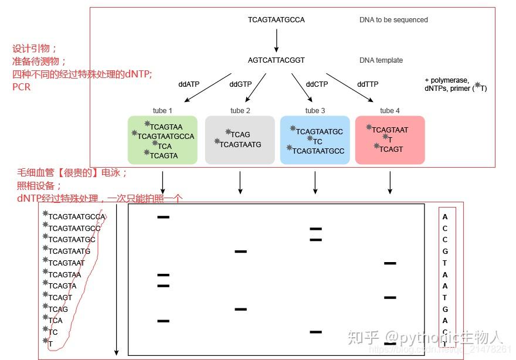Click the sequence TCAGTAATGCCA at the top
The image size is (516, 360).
tap(276, 20)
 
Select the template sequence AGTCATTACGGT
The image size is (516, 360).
tap(276, 60)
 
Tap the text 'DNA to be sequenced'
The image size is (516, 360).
tap(393, 20)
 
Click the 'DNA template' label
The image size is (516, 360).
tap(381, 60)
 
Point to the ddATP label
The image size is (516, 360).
tap(189, 84)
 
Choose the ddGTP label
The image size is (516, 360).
tap(240, 84)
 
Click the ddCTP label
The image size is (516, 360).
tap(317, 84)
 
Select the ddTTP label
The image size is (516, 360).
tap(368, 84)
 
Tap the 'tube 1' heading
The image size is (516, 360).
tap(162, 111)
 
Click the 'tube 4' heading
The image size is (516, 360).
tap(390, 111)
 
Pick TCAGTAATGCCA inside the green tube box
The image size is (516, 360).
tap(165, 137)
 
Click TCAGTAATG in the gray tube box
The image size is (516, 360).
tap(240, 145)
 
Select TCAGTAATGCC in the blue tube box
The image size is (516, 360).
tap(318, 151)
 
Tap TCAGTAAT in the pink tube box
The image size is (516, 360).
tap(390, 130)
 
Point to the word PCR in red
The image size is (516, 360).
tap(21, 87)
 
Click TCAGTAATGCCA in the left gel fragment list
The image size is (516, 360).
tap(76, 217)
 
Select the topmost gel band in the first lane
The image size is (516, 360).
tap(163, 218)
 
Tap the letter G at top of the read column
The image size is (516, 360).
tap(445, 252)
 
